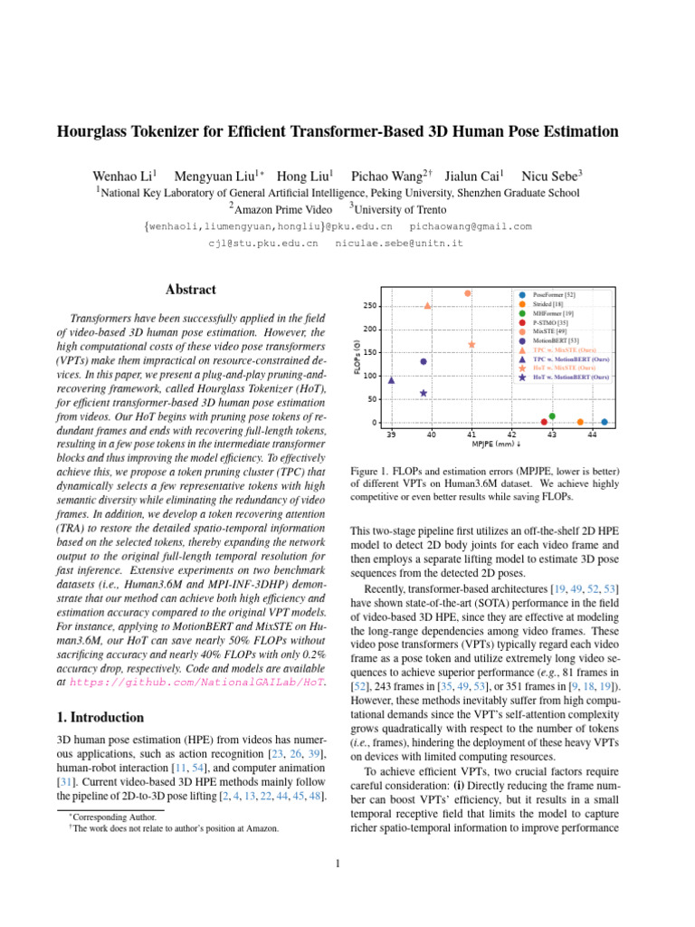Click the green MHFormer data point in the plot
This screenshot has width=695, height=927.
tap(552, 416)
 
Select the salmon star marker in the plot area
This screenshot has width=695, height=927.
tap(471, 345)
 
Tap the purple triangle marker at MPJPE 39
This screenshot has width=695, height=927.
tap(391, 380)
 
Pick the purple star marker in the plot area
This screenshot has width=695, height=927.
tap(424, 393)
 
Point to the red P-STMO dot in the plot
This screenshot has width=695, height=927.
tap(544, 422)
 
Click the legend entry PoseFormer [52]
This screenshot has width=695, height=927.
tap(554, 295)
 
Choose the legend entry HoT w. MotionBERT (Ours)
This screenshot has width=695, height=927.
tap(569, 377)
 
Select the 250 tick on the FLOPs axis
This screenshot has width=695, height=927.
tap(371, 305)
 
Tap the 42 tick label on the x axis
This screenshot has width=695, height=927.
tap(511, 435)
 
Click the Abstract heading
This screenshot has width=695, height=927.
tap(191, 290)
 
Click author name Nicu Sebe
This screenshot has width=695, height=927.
tap(555, 174)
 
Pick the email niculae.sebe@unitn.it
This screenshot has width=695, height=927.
tap(399, 244)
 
